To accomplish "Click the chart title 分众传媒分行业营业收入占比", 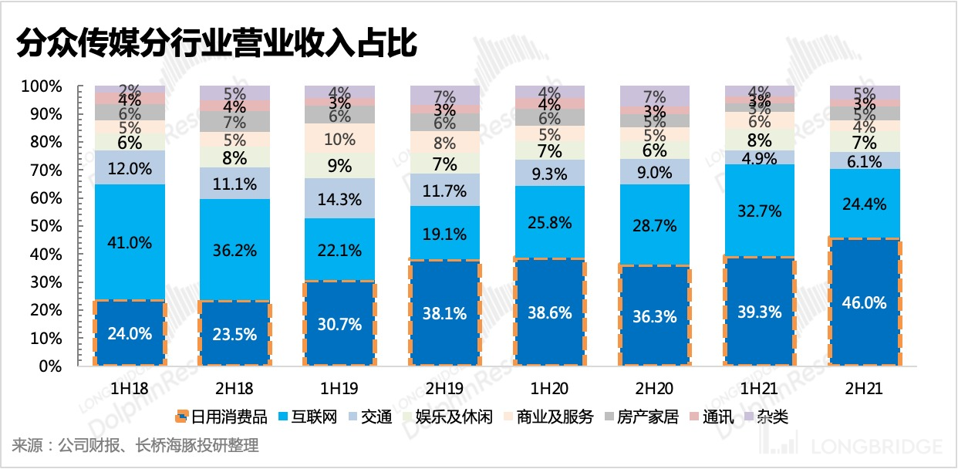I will tap(217, 44).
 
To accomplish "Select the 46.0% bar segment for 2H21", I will tap(865, 302).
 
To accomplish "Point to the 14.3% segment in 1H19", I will tap(339, 198).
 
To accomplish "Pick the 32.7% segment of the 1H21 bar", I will tap(760, 210).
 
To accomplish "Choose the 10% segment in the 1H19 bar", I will tap(339, 140).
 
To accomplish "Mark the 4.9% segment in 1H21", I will tap(760, 158).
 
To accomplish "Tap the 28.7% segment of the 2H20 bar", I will tap(655, 225).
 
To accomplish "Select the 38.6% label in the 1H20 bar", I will tap(549, 312).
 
